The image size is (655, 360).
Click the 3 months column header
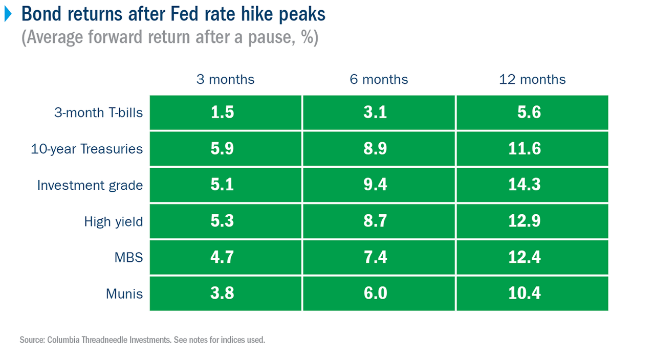coord(225,79)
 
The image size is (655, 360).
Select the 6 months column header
coord(379,79)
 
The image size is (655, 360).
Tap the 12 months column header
coord(532,79)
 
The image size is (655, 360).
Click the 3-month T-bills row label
coord(99,112)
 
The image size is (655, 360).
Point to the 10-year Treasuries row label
coord(86,149)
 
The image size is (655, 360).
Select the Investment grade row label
coord(90,185)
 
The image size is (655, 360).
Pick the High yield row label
coord(114,221)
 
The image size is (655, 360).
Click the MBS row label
coord(128,257)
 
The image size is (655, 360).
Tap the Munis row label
coord(124,293)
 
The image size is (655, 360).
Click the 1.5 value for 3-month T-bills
coord(222,112)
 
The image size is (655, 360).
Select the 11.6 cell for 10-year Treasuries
coord(525,149)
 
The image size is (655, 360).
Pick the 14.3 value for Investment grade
coord(525,185)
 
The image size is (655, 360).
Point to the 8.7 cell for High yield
coord(375,221)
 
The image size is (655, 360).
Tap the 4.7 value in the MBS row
coord(222,257)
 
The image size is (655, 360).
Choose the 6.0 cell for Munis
coord(375,293)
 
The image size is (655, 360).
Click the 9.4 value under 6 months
coord(375,185)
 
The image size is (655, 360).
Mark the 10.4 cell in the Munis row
coord(525,293)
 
